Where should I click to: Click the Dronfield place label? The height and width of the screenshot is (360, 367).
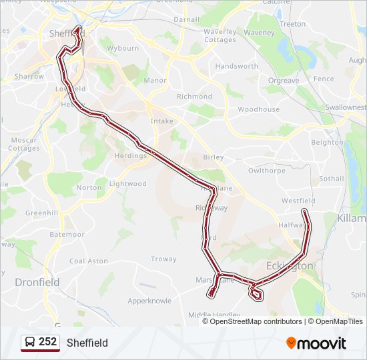pyautogui.click(x=37, y=282)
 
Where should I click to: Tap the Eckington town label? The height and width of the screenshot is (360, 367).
pyautogui.click(x=289, y=266)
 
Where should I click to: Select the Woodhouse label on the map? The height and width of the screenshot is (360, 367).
pyautogui.click(x=258, y=109)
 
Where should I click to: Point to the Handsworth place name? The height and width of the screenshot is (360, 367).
pyautogui.click(x=236, y=67)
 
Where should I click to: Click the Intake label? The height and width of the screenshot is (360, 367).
pyautogui.click(x=161, y=121)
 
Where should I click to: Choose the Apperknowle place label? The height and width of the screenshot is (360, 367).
pyautogui.click(x=149, y=301)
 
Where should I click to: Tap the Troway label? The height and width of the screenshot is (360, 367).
pyautogui.click(x=163, y=259)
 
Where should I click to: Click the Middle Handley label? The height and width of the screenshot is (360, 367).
pyautogui.click(x=214, y=315)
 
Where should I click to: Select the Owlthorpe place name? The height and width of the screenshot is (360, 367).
pyautogui.click(x=266, y=171)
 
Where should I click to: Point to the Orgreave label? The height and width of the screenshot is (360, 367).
pyautogui.click(x=283, y=81)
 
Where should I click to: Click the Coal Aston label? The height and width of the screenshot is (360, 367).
pyautogui.click(x=89, y=261)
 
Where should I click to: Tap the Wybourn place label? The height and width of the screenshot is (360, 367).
pyautogui.click(x=123, y=49)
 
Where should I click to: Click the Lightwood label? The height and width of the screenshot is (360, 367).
pyautogui.click(x=127, y=184)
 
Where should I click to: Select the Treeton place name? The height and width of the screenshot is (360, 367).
pyautogui.click(x=292, y=24)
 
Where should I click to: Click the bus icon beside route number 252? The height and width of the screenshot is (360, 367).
pyautogui.click(x=30, y=343)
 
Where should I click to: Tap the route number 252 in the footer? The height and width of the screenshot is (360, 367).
pyautogui.click(x=47, y=342)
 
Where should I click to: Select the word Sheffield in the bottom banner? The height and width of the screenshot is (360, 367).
pyautogui.click(x=87, y=343)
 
